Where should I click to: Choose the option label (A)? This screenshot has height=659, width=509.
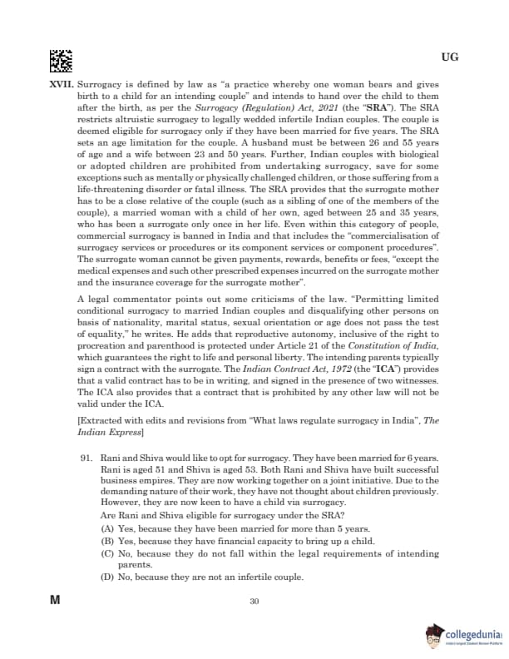point(107,529)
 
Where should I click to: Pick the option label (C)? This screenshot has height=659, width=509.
point(107,553)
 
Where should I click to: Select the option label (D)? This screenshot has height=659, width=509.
point(107,577)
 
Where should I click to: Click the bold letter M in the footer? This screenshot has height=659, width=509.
point(56,600)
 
